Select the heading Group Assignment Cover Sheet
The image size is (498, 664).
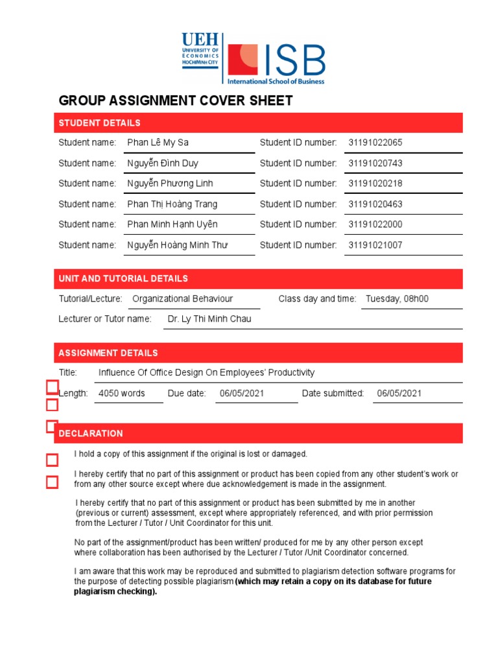click(176, 101)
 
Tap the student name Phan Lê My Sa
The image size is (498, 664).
click(158, 143)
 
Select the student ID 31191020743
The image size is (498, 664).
click(375, 163)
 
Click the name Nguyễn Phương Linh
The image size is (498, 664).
click(170, 184)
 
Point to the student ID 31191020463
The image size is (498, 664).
click(375, 204)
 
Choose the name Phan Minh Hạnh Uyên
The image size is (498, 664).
click(172, 224)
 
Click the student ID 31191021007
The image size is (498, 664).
click(375, 245)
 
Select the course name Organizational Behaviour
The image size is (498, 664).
click(182, 299)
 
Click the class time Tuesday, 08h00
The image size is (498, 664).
click(397, 299)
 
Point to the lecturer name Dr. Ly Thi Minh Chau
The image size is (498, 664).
click(209, 319)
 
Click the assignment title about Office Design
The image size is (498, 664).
click(206, 373)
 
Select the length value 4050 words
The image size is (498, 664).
click(121, 394)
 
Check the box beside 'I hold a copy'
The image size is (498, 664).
click(52, 460)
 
